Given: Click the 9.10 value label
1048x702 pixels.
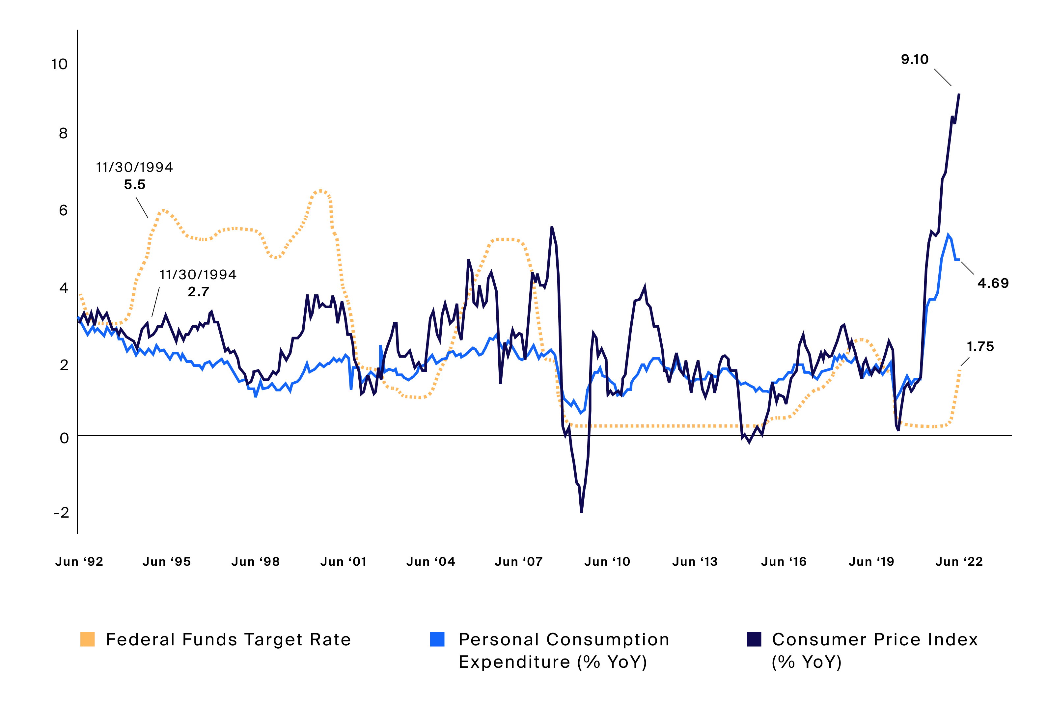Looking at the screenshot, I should (x=915, y=60).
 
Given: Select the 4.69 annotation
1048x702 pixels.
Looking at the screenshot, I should (x=993, y=283).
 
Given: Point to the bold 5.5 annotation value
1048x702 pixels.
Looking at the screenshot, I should (x=135, y=184).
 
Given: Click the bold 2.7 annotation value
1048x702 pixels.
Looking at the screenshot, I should (x=198, y=292).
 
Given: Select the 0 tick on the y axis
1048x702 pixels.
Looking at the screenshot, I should (x=64, y=438).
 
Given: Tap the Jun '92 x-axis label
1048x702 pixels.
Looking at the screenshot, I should (x=79, y=562).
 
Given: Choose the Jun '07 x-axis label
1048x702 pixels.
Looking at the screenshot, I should (x=519, y=562).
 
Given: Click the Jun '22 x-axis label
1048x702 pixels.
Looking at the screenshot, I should (x=959, y=562).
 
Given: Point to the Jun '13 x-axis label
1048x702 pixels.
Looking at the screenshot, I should (x=695, y=562).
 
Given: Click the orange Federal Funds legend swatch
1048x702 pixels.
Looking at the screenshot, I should (x=87, y=639).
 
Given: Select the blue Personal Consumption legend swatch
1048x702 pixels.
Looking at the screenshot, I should (x=437, y=639).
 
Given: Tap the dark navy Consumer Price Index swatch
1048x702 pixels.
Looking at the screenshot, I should (x=754, y=639).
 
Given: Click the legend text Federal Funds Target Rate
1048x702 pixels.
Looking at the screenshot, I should (x=229, y=640).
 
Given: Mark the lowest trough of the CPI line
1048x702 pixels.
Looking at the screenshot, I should (x=581, y=511).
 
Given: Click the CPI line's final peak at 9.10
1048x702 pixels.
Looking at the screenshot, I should (x=959, y=94).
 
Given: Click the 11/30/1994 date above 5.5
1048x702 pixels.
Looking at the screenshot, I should (x=134, y=168).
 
